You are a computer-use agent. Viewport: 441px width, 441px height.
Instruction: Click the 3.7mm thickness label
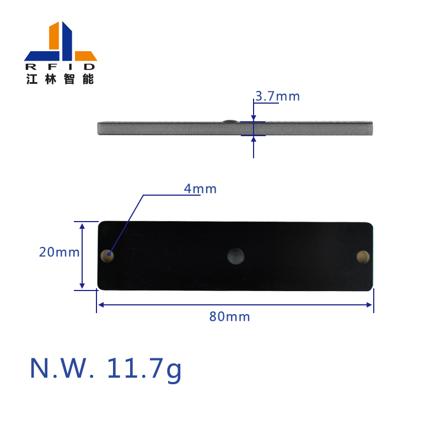[x=277, y=96]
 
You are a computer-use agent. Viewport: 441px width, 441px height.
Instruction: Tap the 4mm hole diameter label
[x=200, y=189]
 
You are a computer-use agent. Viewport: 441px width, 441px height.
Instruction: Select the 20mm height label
[x=59, y=252]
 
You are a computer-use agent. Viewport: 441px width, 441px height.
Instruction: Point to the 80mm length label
[x=229, y=316]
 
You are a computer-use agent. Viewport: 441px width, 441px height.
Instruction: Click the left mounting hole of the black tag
[x=107, y=256]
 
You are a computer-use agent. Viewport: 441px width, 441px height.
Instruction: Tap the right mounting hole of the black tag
[x=363, y=257]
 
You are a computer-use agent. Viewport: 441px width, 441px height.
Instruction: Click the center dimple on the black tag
[x=236, y=256]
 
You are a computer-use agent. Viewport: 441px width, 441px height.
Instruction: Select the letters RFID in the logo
[x=61, y=67]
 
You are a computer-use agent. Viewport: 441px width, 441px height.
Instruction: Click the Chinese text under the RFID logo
[x=60, y=79]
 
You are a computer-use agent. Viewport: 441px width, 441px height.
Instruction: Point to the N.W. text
[x=62, y=368]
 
